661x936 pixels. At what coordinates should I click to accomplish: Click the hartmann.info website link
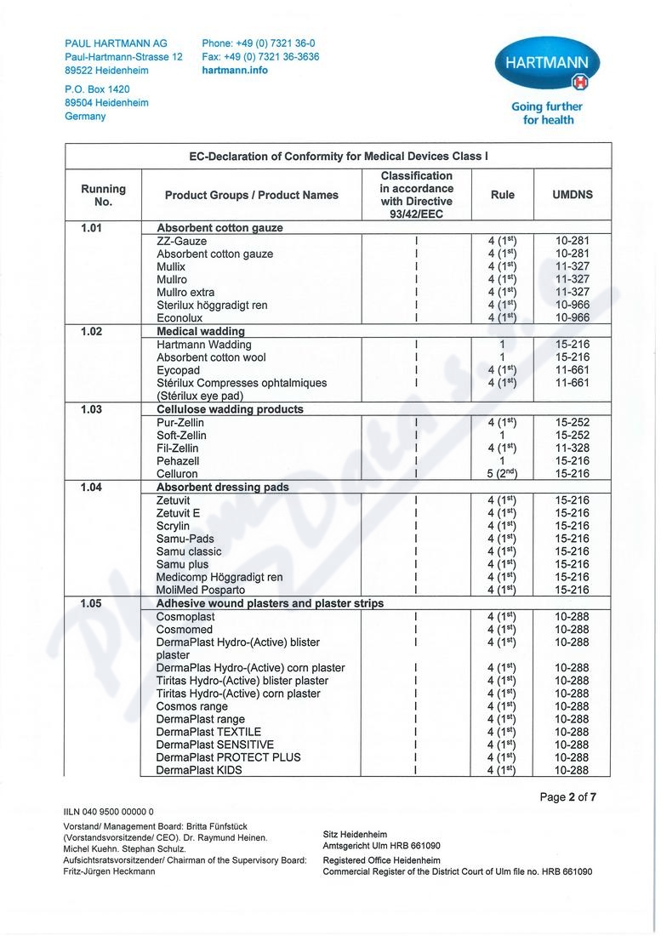coord(235,71)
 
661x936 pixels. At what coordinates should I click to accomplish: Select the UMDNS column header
coord(573,195)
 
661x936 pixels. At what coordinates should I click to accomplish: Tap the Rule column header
coord(503,195)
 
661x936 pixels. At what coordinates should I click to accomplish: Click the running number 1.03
coord(91,409)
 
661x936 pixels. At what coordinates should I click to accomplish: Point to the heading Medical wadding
coord(201,331)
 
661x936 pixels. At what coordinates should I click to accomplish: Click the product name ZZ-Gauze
coord(182,242)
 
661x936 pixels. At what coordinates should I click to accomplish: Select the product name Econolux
coord(179,318)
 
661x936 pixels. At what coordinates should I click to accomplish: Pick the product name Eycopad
coord(178,370)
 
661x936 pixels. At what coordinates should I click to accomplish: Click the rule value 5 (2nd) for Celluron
coord(502,474)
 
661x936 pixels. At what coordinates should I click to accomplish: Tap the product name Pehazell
coord(178,461)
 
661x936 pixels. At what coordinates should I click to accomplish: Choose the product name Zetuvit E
coord(179,513)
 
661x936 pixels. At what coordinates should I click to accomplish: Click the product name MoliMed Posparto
coord(201,590)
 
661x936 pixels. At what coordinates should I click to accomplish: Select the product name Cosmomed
coord(185,630)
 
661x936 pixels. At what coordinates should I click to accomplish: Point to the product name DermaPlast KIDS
coord(199,770)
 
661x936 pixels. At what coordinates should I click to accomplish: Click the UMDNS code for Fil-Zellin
coord(573,448)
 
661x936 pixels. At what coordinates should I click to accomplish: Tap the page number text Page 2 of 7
coord(568,797)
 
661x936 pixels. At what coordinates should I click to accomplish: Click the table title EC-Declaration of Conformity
coord(339,157)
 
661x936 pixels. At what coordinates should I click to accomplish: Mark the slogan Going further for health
coord(546,113)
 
